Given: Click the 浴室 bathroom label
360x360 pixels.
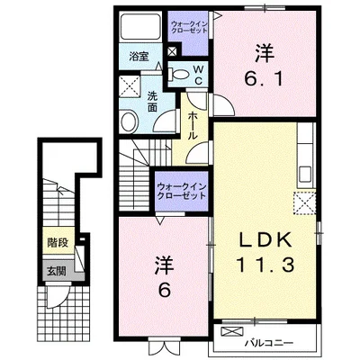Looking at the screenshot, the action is pyautogui.click(x=139, y=57).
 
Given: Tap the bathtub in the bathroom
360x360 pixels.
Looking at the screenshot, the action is pyautogui.click(x=140, y=27).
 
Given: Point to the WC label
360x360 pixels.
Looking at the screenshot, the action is pyautogui.click(x=198, y=75).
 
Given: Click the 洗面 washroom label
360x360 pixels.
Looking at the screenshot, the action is pyautogui.click(x=152, y=102).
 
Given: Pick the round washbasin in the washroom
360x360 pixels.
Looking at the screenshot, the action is pyautogui.click(x=130, y=121).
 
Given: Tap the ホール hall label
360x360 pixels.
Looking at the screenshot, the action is pyautogui.click(x=192, y=125).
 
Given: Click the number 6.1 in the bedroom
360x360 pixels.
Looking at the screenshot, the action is pyautogui.click(x=264, y=79).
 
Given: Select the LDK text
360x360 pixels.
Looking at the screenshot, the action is pyautogui.click(x=265, y=240).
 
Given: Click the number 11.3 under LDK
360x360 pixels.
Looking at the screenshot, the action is pyautogui.click(x=265, y=265).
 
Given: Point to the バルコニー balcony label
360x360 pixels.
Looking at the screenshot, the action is pyautogui.click(x=268, y=342).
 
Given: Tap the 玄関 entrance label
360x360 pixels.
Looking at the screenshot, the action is pyautogui.click(x=56, y=272).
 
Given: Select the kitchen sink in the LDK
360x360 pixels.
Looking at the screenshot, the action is pyautogui.click(x=305, y=175).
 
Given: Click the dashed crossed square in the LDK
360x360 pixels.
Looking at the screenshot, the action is pyautogui.click(x=304, y=202).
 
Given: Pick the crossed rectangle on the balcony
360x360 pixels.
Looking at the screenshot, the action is pyautogui.click(x=232, y=331).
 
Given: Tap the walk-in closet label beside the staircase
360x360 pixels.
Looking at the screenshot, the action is pyautogui.click(x=182, y=192).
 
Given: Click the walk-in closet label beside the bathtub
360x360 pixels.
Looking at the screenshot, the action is pyautogui.click(x=189, y=27).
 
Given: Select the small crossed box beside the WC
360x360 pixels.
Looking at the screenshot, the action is pyautogui.click(x=173, y=51).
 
